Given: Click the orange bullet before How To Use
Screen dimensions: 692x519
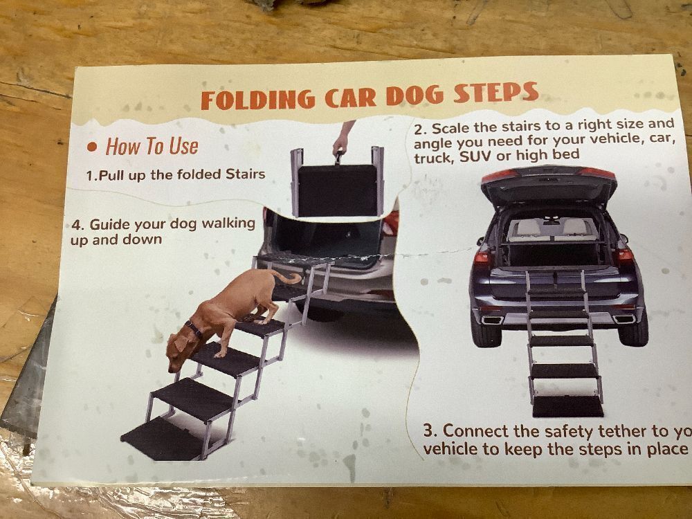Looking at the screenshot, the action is click(92, 147).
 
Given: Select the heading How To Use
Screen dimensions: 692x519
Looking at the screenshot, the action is click(152, 147).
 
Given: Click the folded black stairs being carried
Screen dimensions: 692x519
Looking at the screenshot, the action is click(338, 190).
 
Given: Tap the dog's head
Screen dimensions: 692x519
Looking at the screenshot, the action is click(179, 350).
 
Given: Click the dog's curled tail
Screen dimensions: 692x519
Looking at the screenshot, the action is click(287, 277).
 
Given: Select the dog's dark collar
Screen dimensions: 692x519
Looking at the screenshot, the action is click(194, 329).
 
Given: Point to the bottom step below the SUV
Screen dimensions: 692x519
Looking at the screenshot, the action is click(568, 406).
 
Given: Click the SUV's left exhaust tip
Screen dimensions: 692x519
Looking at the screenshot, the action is click(493, 320).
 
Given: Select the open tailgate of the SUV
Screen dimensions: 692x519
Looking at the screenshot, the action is click(549, 184).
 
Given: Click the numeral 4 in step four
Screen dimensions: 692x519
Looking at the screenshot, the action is click(77, 225).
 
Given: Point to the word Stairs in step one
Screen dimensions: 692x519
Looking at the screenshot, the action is click(246, 174).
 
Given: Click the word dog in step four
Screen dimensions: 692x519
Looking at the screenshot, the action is click(184, 224).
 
